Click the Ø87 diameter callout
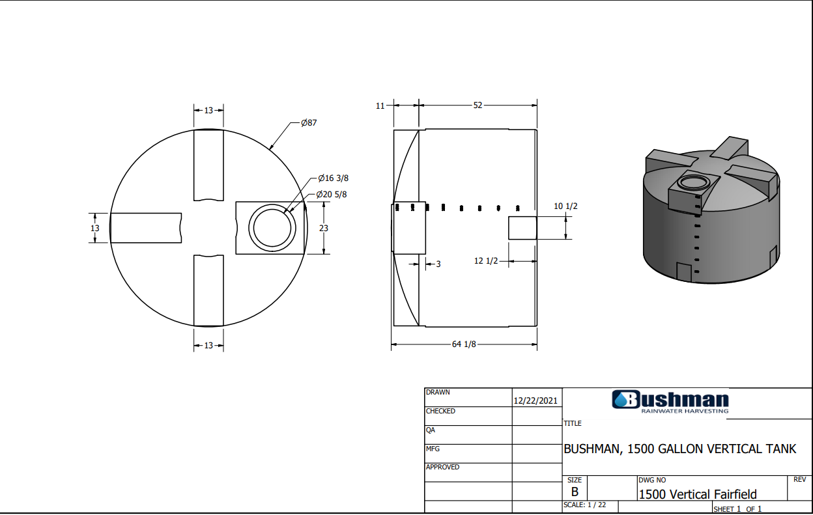click(309, 122)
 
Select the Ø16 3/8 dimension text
click(333, 178)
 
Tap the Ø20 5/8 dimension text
click(332, 195)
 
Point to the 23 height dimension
click(323, 228)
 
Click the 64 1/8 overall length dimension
click(463, 344)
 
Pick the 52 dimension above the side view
click(478, 105)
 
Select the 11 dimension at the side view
click(380, 106)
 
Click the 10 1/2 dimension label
click(565, 206)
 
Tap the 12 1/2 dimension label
click(486, 261)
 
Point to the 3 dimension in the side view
click(438, 264)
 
